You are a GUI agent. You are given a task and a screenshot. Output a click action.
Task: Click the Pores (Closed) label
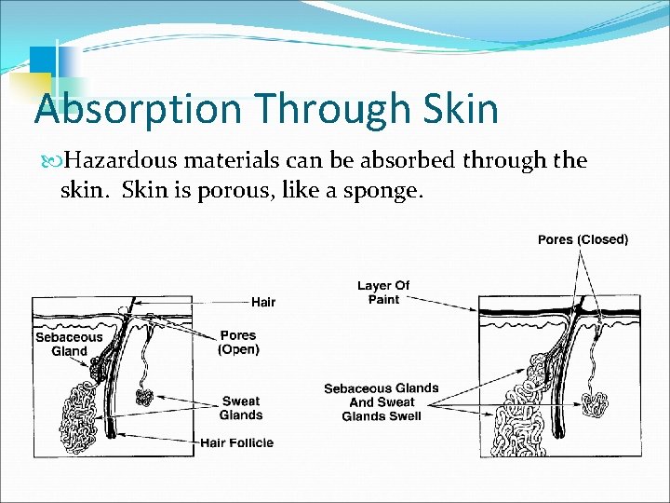pyautogui.click(x=583, y=240)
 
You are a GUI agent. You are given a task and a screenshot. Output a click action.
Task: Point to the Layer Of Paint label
pyautogui.click(x=383, y=292)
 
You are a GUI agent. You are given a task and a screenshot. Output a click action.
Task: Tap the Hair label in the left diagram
pyautogui.click(x=263, y=302)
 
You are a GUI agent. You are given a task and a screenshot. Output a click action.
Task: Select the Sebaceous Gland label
pyautogui.click(x=69, y=345)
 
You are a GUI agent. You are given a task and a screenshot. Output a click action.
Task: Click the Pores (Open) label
pyautogui.click(x=238, y=343)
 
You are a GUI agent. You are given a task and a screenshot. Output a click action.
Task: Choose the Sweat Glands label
pyautogui.click(x=241, y=408)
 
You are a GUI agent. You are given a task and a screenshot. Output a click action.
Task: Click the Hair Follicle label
pyautogui.click(x=237, y=442)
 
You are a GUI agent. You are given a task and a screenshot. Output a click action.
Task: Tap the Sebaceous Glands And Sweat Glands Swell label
pyautogui.click(x=381, y=402)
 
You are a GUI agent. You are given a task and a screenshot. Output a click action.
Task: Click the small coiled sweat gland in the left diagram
pyautogui.click(x=144, y=397)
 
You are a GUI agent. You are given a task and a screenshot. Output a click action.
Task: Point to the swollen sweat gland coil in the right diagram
pyautogui.click(x=593, y=403)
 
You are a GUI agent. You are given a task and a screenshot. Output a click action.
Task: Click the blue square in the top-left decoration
pyautogui.click(x=41, y=59)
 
